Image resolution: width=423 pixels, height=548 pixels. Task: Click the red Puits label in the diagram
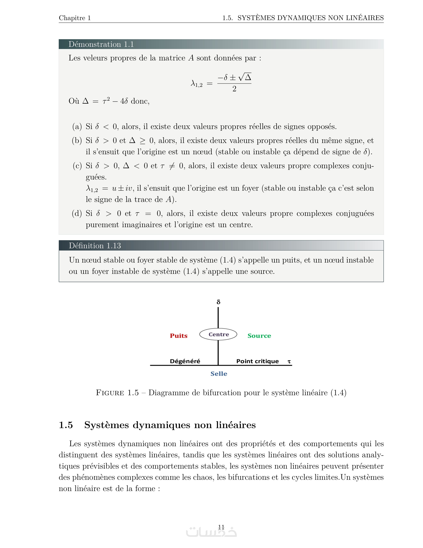pos(178,336)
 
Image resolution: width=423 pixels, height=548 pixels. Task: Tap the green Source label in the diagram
pos(259,336)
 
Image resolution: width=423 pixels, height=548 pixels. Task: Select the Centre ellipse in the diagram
pos(218,334)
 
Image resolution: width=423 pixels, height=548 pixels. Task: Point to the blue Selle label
pos(219,374)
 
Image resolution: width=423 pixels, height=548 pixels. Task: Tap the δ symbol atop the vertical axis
pos(218,302)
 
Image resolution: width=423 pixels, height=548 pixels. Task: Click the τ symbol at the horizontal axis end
pos(289,362)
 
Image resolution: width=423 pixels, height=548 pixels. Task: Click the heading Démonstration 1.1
pos(101,44)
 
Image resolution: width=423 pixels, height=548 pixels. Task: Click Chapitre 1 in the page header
pos(75,18)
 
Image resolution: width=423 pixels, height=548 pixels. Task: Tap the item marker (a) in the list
pos(77,127)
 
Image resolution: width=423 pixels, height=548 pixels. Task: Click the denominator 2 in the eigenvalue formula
pos(234,89)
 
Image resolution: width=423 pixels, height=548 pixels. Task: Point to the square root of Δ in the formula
pos(245,77)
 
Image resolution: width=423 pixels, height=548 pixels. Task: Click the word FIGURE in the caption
pos(110,393)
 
